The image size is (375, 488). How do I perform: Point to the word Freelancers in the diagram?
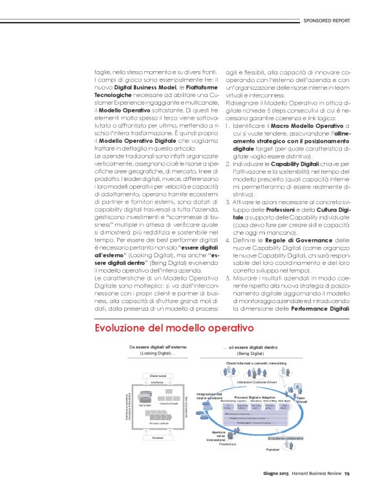(x=229, y=445)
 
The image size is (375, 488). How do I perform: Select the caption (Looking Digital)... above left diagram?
(x=152, y=354)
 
